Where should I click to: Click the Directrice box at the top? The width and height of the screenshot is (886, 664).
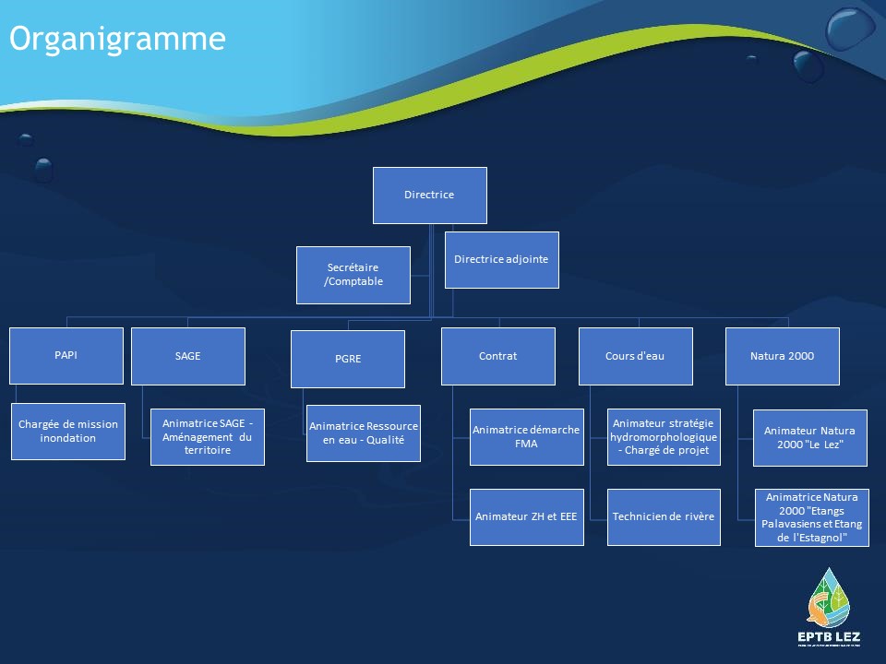click(x=429, y=196)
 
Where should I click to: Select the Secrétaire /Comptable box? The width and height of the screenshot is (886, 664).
click(x=353, y=275)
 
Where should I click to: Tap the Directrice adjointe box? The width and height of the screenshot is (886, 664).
click(x=502, y=260)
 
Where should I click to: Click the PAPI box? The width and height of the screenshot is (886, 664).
click(x=66, y=356)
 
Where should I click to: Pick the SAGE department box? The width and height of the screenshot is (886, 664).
click(x=188, y=356)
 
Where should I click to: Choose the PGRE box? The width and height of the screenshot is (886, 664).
click(x=348, y=359)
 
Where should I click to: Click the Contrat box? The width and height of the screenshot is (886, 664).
click(x=497, y=356)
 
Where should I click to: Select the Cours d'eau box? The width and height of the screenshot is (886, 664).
click(x=636, y=356)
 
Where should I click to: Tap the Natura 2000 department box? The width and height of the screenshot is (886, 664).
click(x=782, y=356)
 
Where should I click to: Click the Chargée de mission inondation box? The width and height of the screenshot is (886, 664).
click(x=67, y=432)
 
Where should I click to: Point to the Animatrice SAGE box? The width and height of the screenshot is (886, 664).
click(x=208, y=437)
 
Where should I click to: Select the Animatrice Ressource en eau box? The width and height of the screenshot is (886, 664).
click(x=364, y=433)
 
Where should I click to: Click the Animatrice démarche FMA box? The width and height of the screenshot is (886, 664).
click(x=527, y=437)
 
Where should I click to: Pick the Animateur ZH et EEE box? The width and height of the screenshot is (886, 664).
click(x=527, y=517)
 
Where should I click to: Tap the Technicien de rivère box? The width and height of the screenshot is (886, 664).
click(x=664, y=517)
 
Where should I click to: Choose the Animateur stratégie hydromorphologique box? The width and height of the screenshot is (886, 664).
click(x=664, y=437)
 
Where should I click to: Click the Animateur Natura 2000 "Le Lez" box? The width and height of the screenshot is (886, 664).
click(x=810, y=438)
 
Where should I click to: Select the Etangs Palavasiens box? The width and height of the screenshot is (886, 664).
click(x=812, y=517)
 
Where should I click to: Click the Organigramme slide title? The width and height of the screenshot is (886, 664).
click(x=117, y=40)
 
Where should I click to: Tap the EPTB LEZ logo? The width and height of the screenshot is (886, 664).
click(x=829, y=607)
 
